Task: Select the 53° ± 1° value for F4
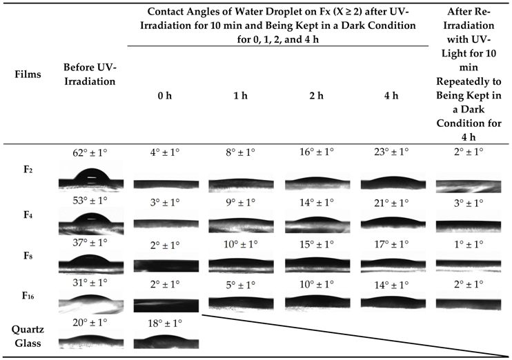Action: click(88, 201)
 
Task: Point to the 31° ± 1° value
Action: click(88, 283)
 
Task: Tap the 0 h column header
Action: click(166, 96)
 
